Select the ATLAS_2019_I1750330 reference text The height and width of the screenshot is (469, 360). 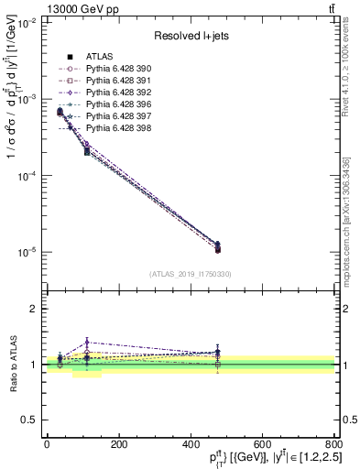pyautogui.click(x=190, y=273)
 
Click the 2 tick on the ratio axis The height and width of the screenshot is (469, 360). pyautogui.click(x=37, y=309)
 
